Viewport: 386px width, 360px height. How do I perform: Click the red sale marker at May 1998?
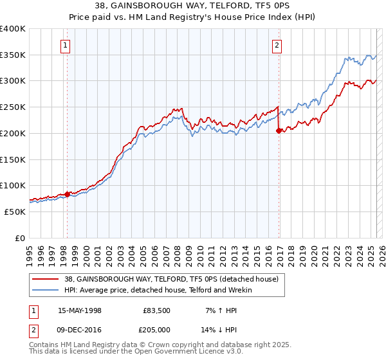67,194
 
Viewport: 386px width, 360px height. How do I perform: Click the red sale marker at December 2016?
279,130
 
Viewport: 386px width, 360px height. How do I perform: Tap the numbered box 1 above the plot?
67,45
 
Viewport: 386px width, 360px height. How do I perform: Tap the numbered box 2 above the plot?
276,45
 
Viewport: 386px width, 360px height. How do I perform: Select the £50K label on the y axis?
15,212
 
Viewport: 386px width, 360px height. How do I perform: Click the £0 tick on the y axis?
21,238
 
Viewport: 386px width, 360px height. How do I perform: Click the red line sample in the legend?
45,279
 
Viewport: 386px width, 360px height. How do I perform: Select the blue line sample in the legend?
45,290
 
